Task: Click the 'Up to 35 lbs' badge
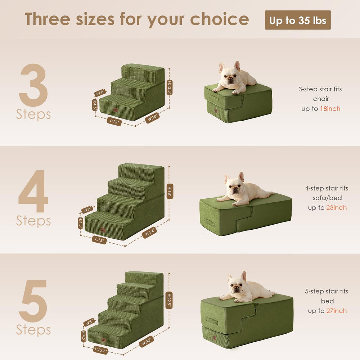coord(298,20)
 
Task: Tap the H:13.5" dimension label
coord(170,87)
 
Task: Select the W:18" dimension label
coord(152,118)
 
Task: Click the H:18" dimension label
coord(170,191)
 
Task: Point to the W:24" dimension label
coord(149,232)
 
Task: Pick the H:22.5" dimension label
coord(169,300)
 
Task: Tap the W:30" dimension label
coord(146,341)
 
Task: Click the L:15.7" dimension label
coord(100,350)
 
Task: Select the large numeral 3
coord(33,85)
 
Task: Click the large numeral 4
coord(33,191)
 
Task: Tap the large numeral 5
coord(33,301)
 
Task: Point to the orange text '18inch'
coord(330,109)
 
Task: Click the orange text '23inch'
coord(337,208)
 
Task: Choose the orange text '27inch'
coord(337,311)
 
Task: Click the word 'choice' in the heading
coord(220,19)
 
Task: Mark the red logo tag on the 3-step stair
coord(116,110)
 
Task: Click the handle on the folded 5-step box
coord(212,320)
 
